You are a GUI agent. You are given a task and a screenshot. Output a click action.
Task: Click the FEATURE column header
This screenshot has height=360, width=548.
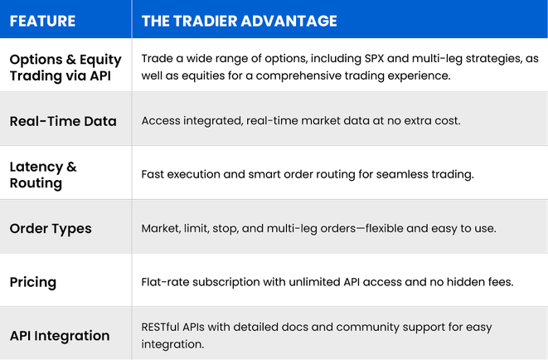42,21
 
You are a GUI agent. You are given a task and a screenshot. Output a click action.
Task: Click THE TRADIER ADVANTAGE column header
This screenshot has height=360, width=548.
240,21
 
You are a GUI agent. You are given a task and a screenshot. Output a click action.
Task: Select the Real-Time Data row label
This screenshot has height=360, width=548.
63,121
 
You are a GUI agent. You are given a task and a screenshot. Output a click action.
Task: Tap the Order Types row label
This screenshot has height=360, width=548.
51,228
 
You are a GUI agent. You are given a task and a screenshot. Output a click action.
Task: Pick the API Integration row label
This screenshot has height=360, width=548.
60,336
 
